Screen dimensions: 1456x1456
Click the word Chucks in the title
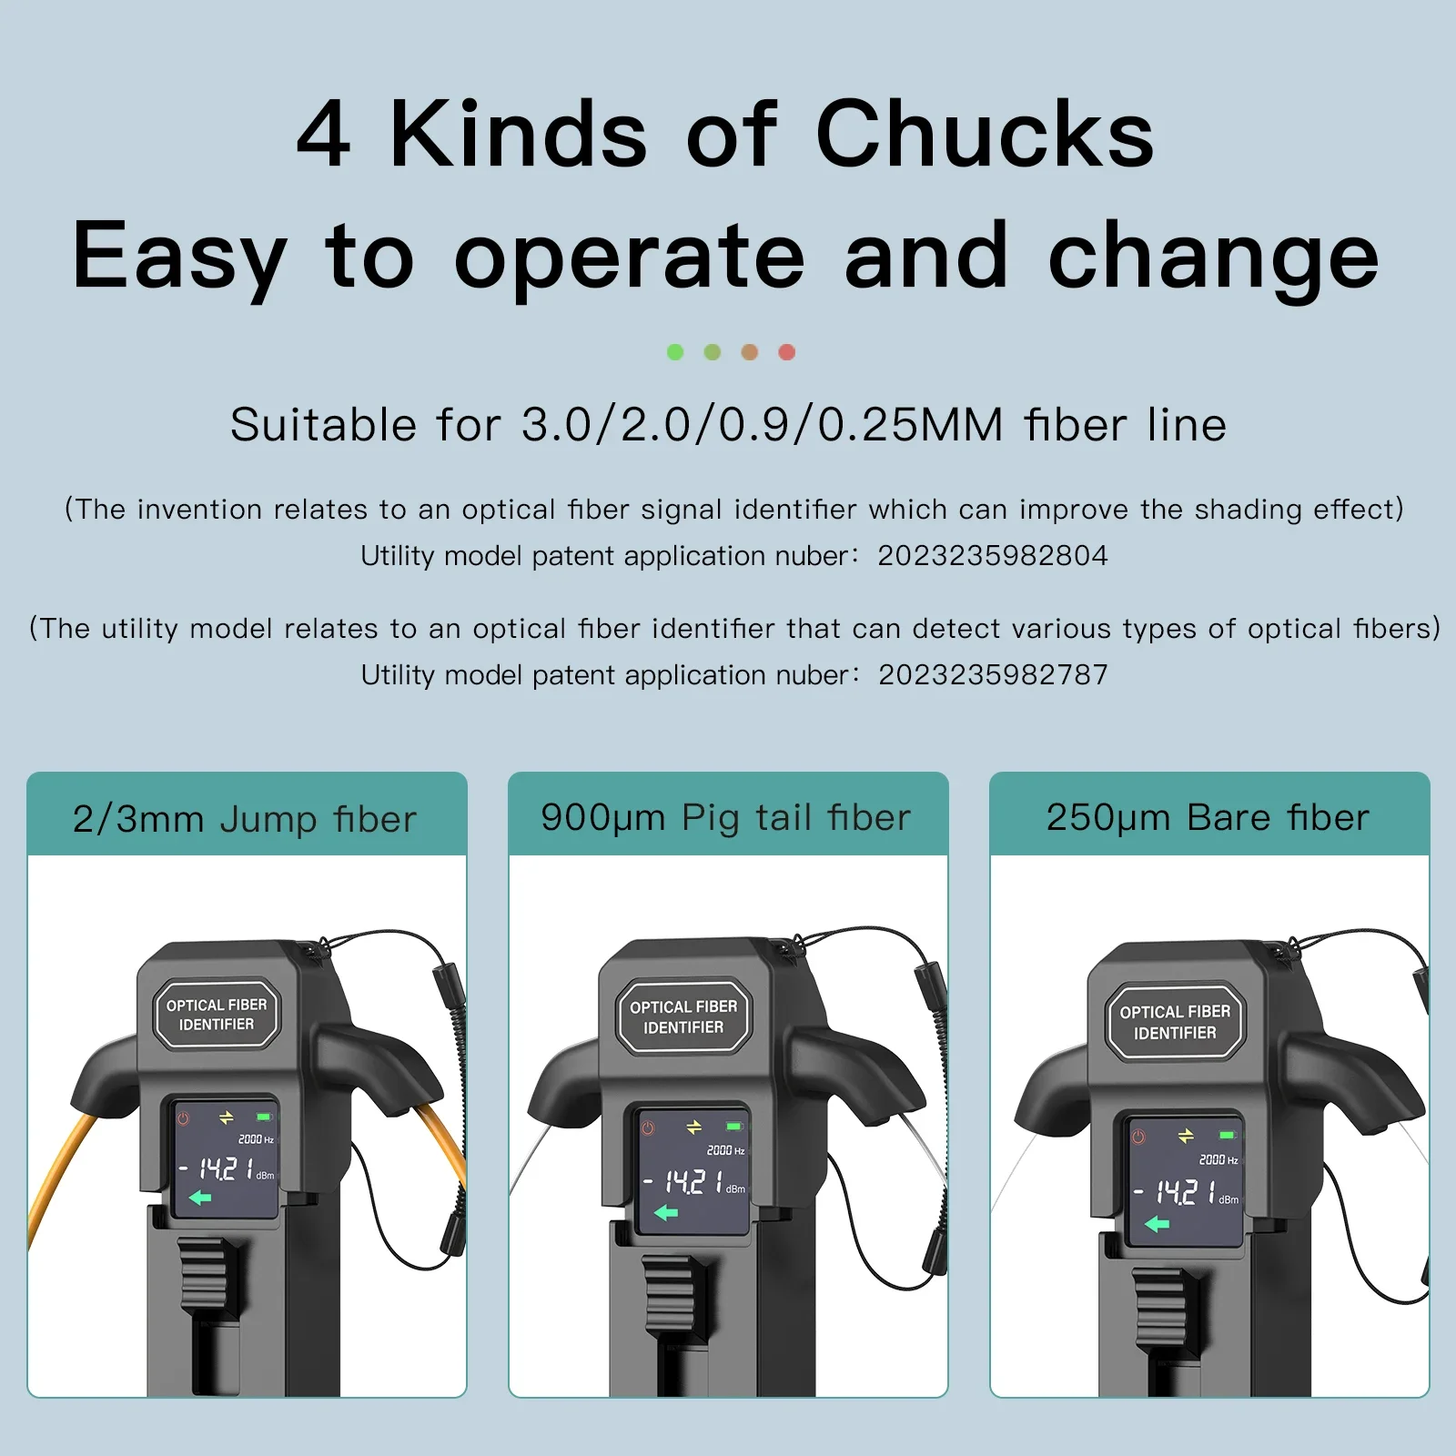click(x=985, y=134)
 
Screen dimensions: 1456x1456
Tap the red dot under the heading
click(x=787, y=352)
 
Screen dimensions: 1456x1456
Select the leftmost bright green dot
click(x=675, y=352)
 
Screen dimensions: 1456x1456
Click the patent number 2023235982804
click(x=993, y=555)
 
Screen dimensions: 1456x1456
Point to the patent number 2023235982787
click(x=993, y=674)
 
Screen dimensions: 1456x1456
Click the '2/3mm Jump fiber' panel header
click(x=247, y=815)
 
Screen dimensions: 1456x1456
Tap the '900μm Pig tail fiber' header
click(x=728, y=815)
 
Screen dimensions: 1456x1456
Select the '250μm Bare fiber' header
click(x=1209, y=815)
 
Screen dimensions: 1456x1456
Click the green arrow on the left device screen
click(x=200, y=1198)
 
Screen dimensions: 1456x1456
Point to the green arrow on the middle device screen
click(x=666, y=1212)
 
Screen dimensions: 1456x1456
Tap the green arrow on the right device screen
click(x=1157, y=1224)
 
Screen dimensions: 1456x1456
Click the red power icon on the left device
click(x=183, y=1118)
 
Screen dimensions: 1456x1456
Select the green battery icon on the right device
click(x=1228, y=1136)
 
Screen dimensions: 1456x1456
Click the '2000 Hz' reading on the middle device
click(x=726, y=1150)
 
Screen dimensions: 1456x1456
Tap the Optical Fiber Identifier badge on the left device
click(x=217, y=1015)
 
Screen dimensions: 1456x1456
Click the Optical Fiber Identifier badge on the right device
click(x=1175, y=1022)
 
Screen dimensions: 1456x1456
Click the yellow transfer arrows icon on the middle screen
click(x=694, y=1127)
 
